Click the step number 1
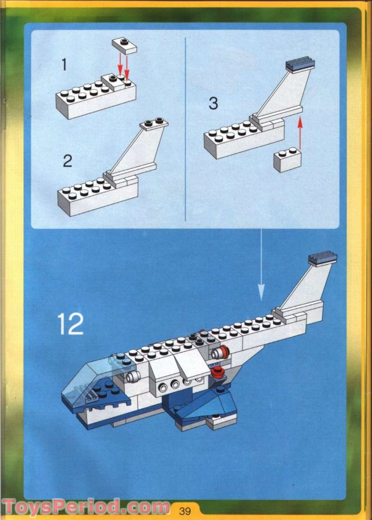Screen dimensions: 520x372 64,65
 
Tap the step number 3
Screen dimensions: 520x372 214,103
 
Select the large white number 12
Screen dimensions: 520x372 71,324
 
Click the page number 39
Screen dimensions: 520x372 185,511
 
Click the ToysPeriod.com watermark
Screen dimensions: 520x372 86,507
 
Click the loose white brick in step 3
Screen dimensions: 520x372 288,160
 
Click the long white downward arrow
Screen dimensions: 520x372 261,265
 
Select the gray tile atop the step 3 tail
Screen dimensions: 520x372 300,64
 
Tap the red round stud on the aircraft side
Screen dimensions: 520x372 217,371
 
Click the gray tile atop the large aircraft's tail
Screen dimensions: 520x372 323,258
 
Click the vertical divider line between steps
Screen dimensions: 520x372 185,126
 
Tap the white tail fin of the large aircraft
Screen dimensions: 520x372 307,286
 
